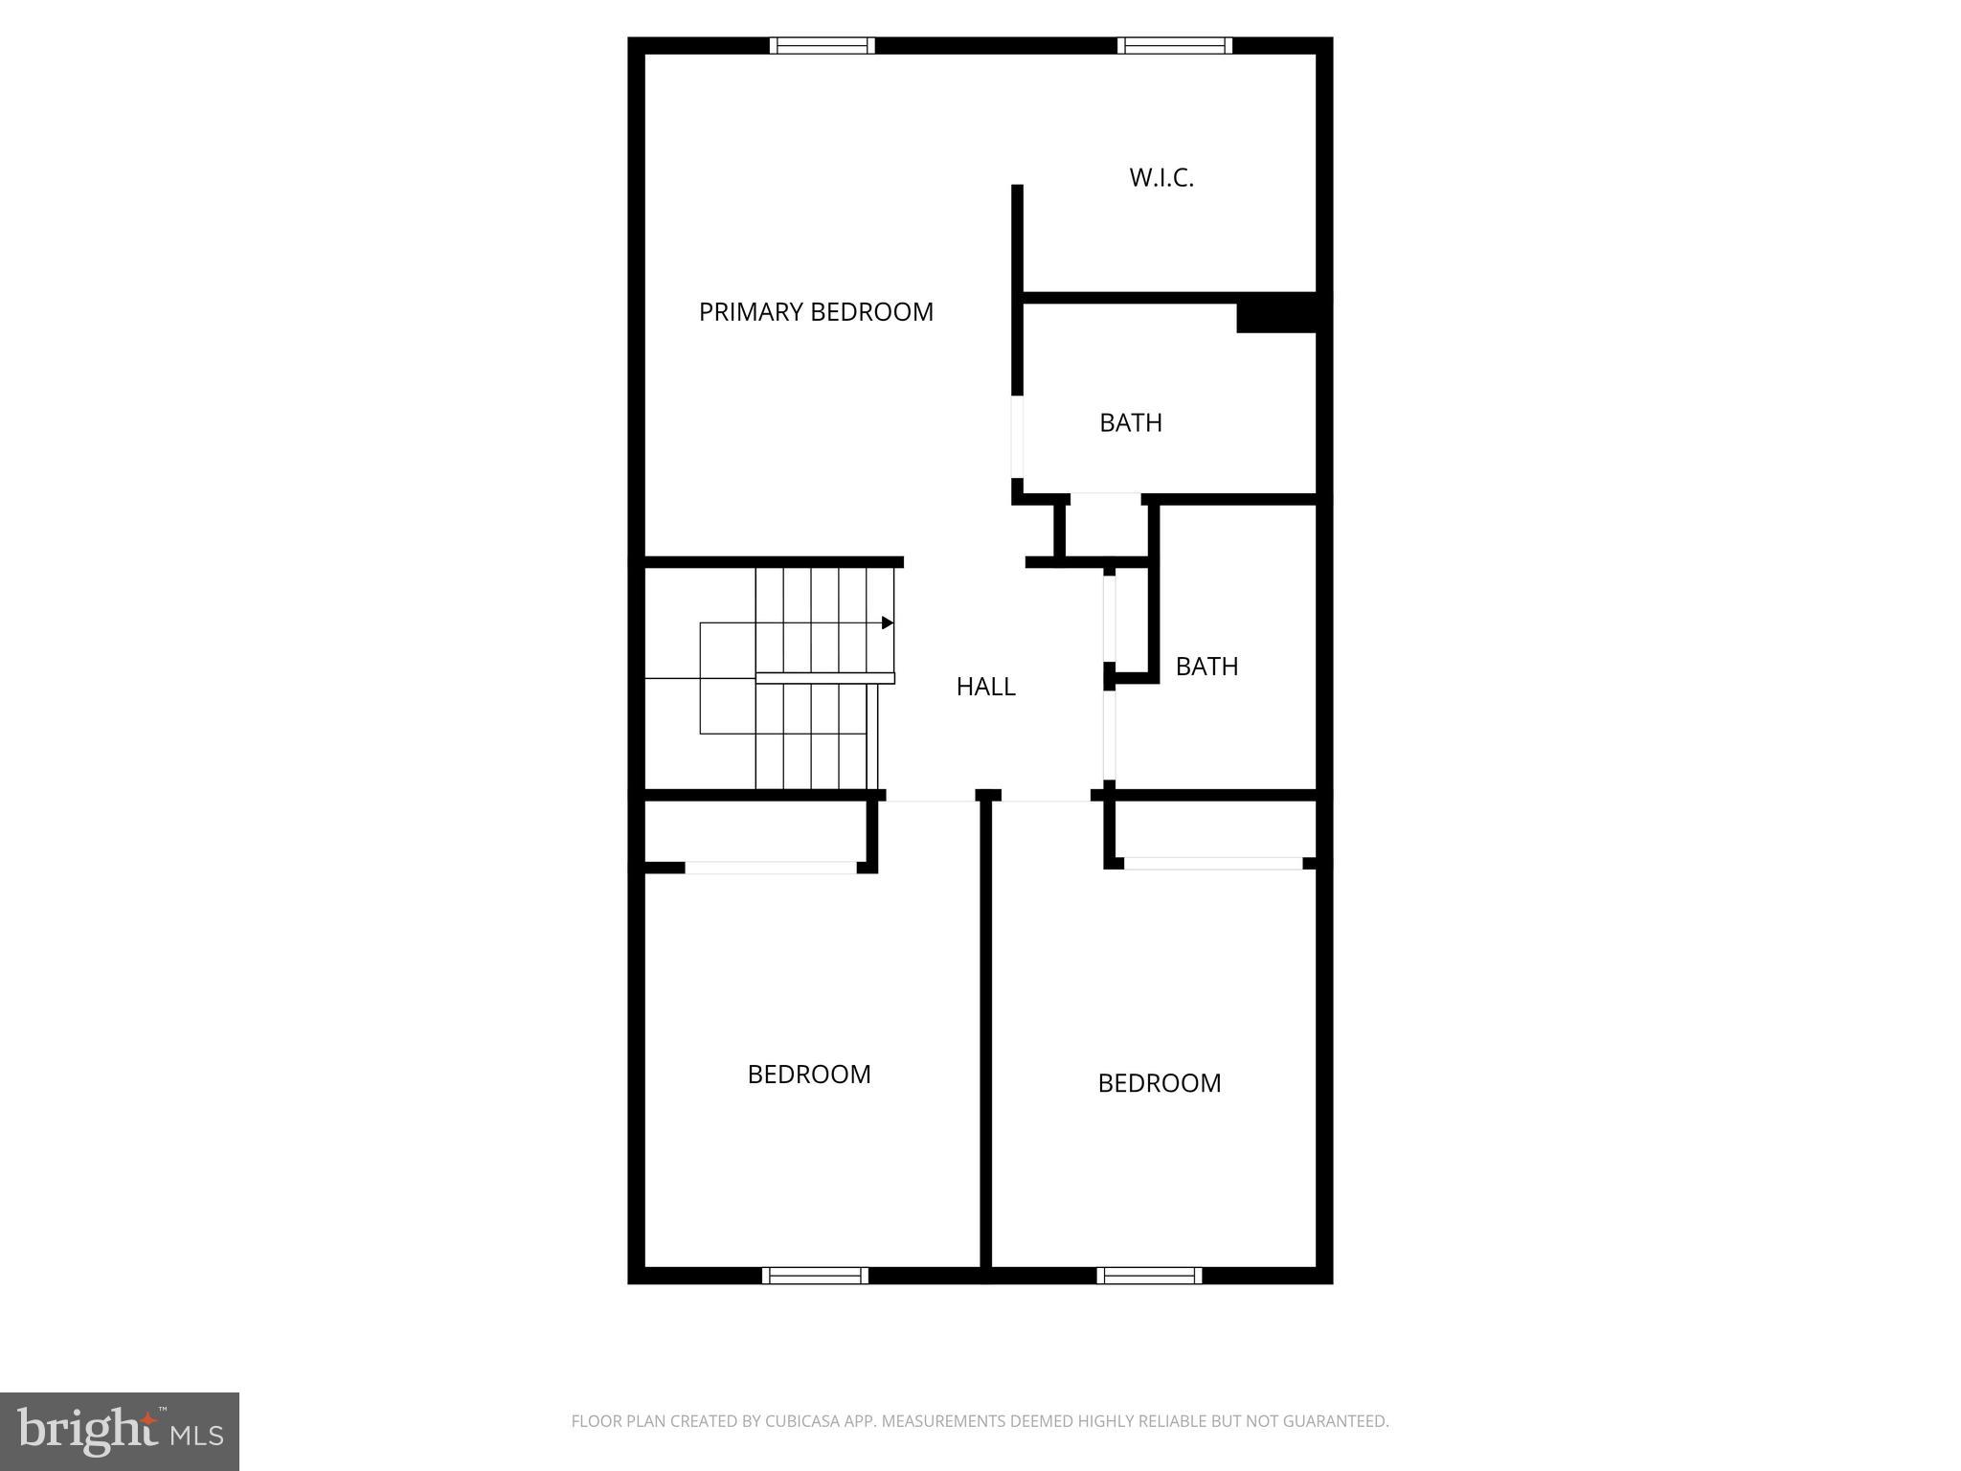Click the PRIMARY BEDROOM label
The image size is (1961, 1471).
pos(816,312)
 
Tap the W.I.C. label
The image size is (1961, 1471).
pos(1161,178)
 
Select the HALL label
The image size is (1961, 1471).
pos(985,687)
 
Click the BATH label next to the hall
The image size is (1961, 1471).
pos(1206,667)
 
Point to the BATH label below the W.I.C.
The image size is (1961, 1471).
pos(1130,422)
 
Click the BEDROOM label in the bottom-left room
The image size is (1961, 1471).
pos(809,1075)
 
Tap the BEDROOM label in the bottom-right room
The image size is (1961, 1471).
pos(1159,1083)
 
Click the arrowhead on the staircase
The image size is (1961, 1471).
pos(888,623)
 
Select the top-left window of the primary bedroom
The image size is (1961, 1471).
pos(823,45)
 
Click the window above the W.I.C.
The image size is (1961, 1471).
pos(1174,45)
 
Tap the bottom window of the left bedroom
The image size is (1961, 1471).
pos(815,1275)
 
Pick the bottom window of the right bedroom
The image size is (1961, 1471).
pos(1149,1275)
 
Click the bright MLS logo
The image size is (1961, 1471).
pos(120,1432)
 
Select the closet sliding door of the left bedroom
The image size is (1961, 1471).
pos(771,868)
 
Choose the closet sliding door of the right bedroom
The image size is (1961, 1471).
pos(1213,863)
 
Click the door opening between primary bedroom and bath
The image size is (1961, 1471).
pos(1017,437)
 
